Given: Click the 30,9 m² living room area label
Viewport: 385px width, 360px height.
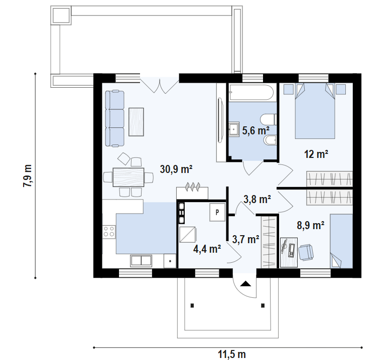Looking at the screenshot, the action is point(176,169).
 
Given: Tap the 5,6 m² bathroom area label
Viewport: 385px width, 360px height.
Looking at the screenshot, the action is point(255,130).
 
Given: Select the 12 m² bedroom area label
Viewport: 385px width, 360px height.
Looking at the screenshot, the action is point(316,154).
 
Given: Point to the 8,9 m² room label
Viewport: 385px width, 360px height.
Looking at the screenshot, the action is point(311,225).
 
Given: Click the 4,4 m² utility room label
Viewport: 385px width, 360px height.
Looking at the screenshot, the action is point(207,249).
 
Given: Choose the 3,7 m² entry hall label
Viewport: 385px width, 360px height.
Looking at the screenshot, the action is point(245,239).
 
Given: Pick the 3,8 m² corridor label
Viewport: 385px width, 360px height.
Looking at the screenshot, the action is point(257,199).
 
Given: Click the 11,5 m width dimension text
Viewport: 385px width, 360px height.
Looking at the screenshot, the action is point(232,354).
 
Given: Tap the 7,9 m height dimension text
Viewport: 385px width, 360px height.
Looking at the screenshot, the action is point(28,175).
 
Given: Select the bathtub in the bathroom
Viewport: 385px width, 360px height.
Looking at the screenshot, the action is point(251,92).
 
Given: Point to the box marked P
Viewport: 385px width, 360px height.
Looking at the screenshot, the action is point(217,213).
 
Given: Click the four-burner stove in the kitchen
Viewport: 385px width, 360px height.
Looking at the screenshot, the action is point(109,232).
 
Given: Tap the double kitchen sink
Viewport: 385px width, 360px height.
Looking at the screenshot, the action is point(141,260).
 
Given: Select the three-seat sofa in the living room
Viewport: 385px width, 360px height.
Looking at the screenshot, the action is point(114,118).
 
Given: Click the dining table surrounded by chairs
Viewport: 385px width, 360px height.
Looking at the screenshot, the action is point(129,177).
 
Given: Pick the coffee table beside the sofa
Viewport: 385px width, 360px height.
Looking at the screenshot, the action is point(136,122).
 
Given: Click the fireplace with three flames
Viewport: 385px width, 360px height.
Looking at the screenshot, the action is point(192,191).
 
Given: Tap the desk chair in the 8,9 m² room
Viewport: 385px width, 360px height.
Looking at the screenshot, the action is point(306,252).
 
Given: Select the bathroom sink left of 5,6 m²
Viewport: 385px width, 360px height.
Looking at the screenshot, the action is point(233,129).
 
